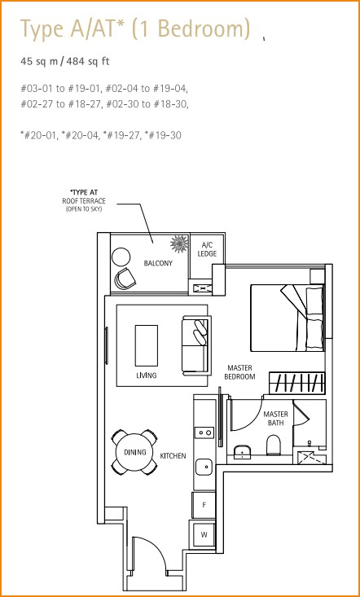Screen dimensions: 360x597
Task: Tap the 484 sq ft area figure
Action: (88, 61)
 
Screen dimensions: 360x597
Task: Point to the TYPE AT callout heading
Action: (86, 193)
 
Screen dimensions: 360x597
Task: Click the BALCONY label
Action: (158, 263)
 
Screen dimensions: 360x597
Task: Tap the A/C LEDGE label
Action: (207, 249)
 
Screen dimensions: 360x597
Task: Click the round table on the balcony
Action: (121, 257)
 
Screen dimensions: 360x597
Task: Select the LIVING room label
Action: (147, 375)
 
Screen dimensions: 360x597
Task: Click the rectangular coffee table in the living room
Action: (147, 345)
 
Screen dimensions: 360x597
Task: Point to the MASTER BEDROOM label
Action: (239, 372)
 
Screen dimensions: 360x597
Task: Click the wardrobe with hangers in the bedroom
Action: (297, 384)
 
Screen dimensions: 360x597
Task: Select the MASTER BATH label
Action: (275, 418)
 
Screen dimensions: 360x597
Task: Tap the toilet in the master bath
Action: (274, 445)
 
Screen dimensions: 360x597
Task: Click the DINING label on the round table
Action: (135, 452)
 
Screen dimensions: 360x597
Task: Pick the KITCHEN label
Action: (173, 455)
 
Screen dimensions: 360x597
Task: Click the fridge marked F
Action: (204, 505)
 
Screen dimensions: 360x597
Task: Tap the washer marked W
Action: (204, 535)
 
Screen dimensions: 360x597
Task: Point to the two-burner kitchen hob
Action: (204, 432)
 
